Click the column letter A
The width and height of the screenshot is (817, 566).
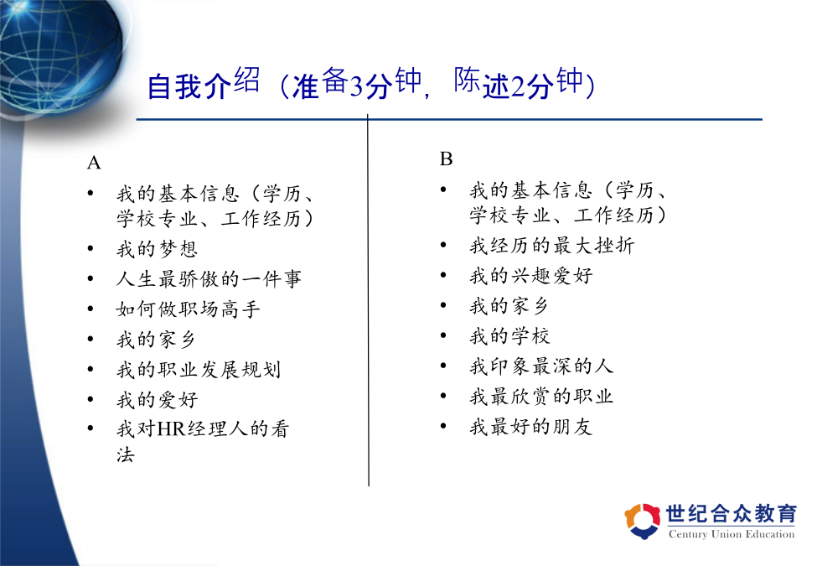click(x=94, y=163)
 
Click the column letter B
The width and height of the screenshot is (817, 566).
click(x=446, y=159)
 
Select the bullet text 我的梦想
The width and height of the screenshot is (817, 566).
click(x=157, y=249)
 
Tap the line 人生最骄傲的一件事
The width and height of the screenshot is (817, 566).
click(x=209, y=279)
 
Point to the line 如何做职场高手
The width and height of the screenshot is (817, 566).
click(x=188, y=309)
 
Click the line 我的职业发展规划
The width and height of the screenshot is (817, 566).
click(x=199, y=370)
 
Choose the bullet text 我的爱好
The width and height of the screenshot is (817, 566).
click(x=157, y=400)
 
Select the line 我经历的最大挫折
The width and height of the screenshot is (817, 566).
click(x=552, y=245)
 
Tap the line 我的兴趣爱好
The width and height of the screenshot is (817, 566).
click(x=531, y=275)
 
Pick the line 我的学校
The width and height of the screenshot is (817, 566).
click(x=509, y=335)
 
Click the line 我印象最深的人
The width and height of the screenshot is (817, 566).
click(x=541, y=366)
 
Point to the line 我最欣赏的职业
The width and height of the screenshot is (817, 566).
click(x=541, y=396)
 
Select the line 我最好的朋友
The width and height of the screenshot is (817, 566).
click(x=531, y=426)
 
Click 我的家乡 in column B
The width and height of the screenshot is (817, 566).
click(x=509, y=305)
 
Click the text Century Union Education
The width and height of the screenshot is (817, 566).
click(x=732, y=534)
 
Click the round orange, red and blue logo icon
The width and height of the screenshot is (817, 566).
click(x=643, y=521)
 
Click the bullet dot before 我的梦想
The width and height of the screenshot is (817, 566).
click(x=90, y=248)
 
